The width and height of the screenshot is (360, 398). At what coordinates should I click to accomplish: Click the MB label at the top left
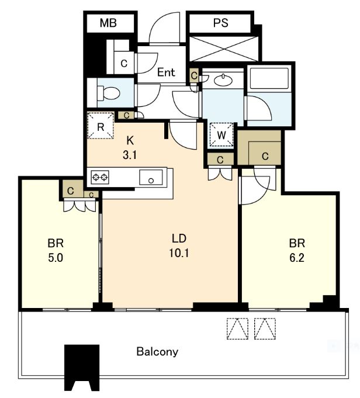point(108,23)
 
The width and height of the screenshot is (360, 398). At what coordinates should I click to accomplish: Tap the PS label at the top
point(221,23)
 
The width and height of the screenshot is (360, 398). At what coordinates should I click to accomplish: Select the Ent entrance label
point(166,72)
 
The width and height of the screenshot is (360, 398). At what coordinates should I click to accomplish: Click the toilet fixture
point(108,93)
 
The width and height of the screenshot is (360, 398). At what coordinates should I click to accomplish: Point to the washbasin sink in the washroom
point(223,80)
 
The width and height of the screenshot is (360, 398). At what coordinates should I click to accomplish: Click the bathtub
point(269,77)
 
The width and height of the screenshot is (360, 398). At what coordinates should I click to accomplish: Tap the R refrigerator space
point(101,126)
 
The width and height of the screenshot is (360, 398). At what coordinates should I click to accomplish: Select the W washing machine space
point(221,135)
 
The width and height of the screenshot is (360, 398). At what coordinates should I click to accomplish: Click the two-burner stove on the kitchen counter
point(100,177)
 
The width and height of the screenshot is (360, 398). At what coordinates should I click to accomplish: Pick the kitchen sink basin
point(151,177)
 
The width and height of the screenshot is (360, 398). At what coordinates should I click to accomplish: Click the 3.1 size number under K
point(130,154)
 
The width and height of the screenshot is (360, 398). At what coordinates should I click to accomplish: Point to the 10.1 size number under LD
point(179,253)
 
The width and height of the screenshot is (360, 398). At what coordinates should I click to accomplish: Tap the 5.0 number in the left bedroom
point(56,258)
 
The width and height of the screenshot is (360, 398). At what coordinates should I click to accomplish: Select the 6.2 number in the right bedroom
point(297,258)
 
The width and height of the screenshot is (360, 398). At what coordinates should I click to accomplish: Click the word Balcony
point(157,352)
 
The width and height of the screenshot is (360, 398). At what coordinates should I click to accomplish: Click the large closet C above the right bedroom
point(259,148)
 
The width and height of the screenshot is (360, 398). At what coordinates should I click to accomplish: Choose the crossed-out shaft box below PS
point(224,49)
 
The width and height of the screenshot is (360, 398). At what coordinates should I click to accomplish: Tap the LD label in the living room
point(179,238)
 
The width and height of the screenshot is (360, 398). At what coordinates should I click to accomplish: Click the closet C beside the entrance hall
point(124,63)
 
